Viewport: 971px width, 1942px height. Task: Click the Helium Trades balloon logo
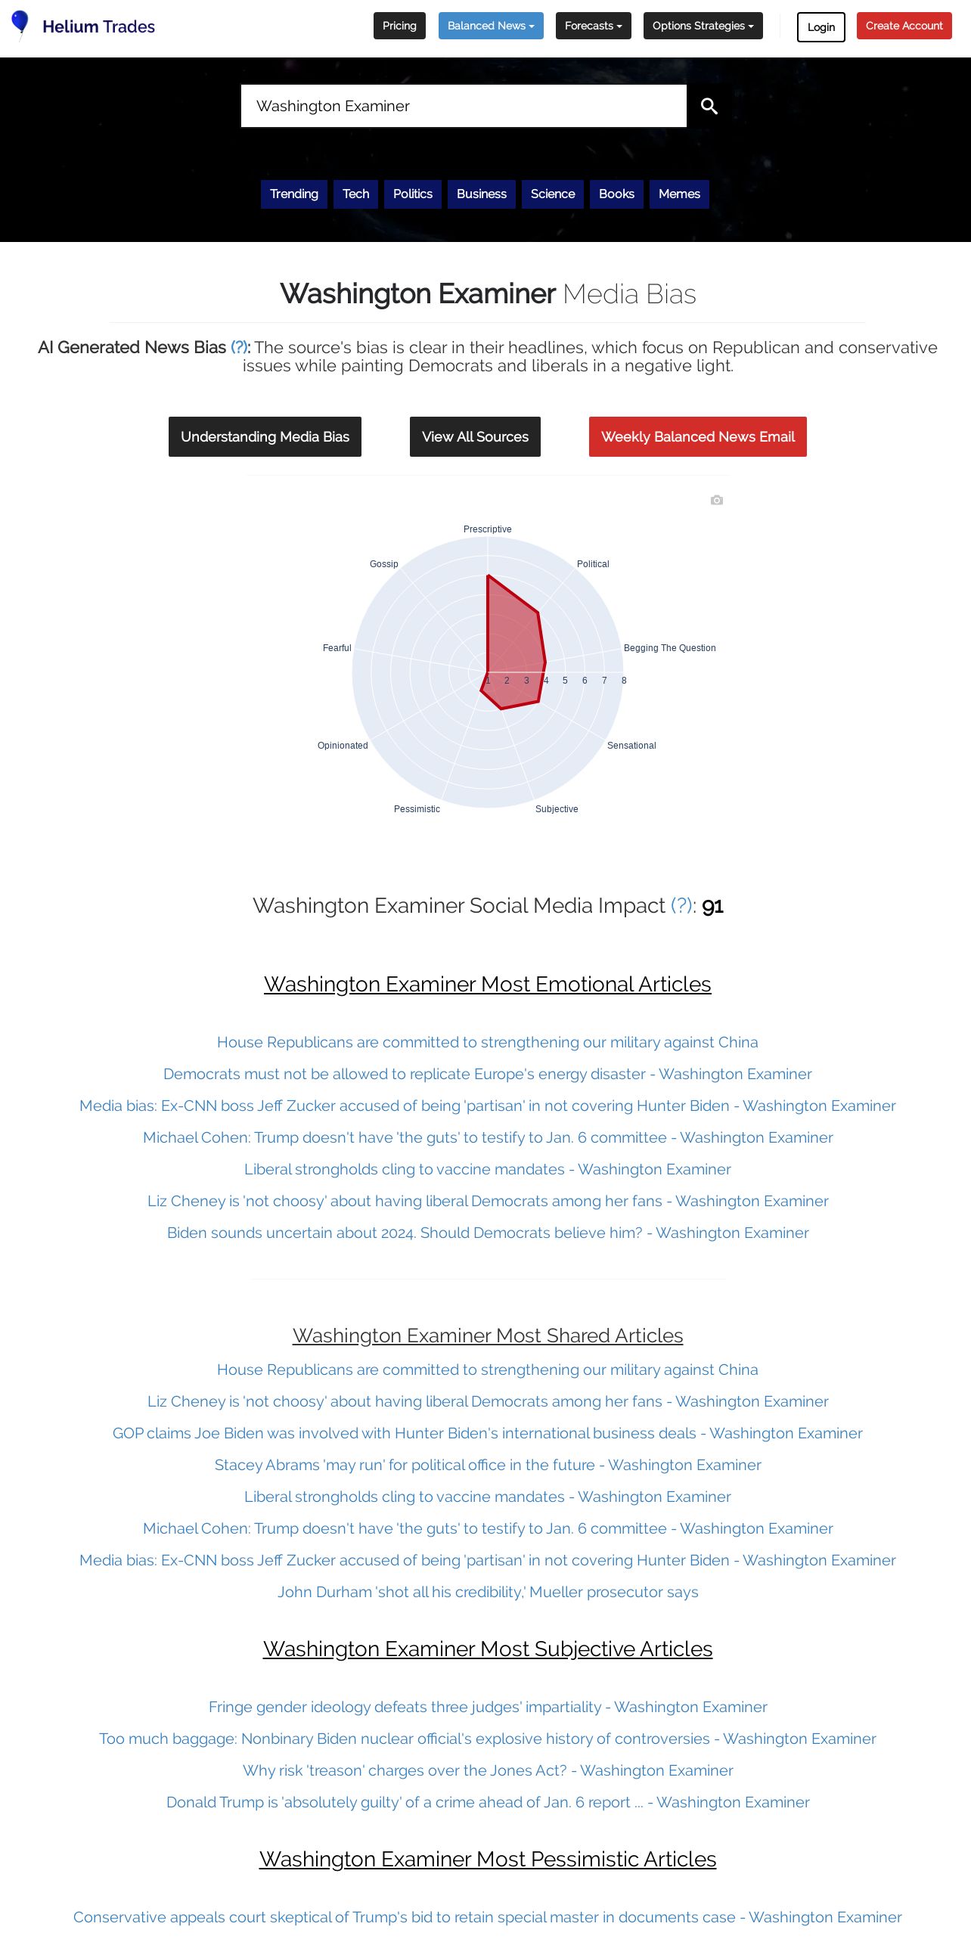click(20, 23)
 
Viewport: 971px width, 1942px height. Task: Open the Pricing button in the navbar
click(399, 26)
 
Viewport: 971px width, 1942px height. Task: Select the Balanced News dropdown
click(491, 26)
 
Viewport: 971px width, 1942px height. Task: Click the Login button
click(821, 27)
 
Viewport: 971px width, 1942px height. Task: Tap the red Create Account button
click(904, 26)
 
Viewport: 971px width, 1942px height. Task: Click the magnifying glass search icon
click(709, 106)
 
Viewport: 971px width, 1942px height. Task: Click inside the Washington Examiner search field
click(463, 106)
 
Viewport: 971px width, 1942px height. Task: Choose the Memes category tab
click(679, 194)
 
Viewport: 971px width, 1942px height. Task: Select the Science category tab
click(553, 194)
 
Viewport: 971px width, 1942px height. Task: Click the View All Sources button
click(475, 436)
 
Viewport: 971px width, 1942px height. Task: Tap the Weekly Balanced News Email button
click(697, 436)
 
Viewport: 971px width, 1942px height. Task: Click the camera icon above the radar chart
click(717, 500)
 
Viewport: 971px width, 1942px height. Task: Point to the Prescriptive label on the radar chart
click(487, 529)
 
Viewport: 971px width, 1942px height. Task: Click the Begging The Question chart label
click(669, 648)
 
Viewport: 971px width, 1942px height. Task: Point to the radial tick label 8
click(624, 681)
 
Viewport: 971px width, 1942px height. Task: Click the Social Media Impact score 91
click(712, 906)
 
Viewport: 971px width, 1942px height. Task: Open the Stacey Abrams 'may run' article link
click(488, 1465)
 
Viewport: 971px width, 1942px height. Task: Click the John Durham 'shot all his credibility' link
click(488, 1592)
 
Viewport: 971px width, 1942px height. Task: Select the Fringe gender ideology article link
click(488, 1707)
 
